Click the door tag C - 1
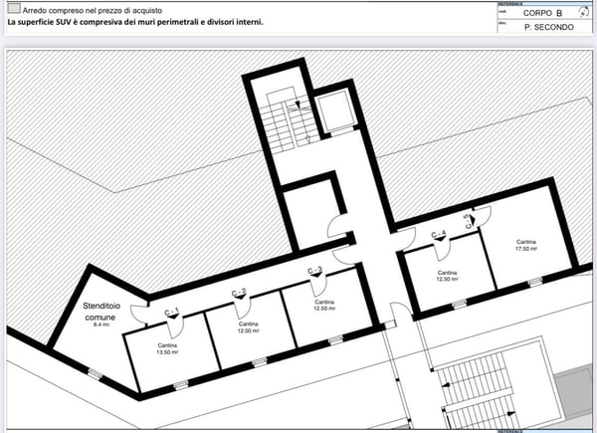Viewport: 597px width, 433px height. coord(171,313)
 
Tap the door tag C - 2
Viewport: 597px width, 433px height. coord(239,292)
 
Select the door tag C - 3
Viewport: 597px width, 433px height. coord(314,271)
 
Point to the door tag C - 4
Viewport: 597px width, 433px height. coord(439,235)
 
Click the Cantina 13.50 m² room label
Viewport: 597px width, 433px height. coord(167,347)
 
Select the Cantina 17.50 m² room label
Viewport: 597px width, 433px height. coord(526,245)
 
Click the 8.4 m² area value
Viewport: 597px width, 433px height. coord(100,325)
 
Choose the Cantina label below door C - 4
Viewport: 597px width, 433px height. coord(447,272)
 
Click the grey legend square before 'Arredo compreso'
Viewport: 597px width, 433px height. coord(12,7)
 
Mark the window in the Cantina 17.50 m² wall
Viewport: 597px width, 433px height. coord(534,283)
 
